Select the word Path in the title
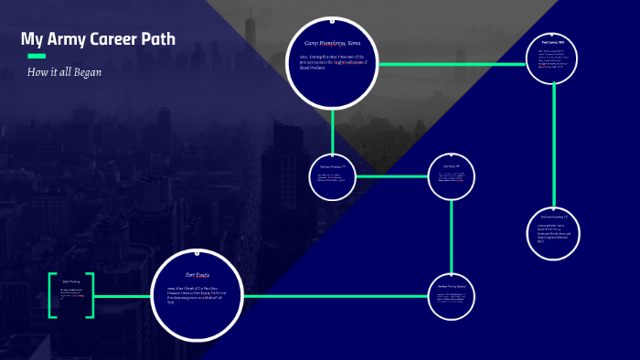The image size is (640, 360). tap(159, 39)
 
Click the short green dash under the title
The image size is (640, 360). tap(37, 57)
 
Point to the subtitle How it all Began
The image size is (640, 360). tap(64, 72)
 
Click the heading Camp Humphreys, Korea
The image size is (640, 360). tap(332, 42)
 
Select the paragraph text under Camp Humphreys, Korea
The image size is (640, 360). tap(332, 61)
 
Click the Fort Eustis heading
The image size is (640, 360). tap(197, 274)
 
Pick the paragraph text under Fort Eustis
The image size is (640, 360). tap(197, 293)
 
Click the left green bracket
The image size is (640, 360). tap(52, 295)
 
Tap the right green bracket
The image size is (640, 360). tap(90, 295)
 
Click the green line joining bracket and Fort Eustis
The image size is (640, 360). tap(123, 296)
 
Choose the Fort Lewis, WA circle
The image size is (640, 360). tap(552, 58)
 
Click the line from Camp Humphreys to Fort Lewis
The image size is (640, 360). tap(453, 64)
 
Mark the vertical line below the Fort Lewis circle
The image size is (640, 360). tap(553, 146)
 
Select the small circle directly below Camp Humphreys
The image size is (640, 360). tap(333, 176)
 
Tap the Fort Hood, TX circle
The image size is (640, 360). tap(452, 175)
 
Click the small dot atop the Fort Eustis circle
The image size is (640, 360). tap(197, 249)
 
